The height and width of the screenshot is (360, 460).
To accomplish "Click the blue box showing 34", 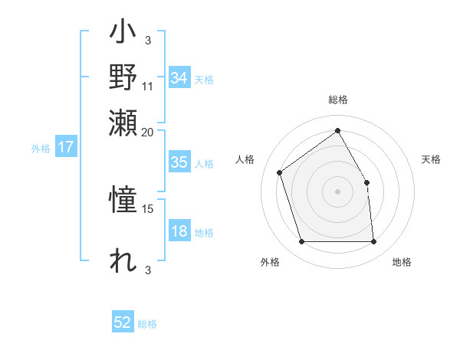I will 179,78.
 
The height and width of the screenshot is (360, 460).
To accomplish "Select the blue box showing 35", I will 179,162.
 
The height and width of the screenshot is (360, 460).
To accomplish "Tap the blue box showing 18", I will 179,232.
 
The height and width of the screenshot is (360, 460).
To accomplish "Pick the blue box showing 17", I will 65,148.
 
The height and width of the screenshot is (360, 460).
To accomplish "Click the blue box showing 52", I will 123,323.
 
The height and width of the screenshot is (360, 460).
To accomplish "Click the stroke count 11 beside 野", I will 148,85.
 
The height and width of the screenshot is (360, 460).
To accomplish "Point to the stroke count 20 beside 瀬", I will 148,131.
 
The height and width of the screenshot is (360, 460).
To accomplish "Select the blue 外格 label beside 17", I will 41,149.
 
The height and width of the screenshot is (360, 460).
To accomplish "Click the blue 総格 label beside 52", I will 147,324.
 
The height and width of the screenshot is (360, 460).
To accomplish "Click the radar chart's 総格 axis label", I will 337,100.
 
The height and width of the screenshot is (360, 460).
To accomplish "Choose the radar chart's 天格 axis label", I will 432,159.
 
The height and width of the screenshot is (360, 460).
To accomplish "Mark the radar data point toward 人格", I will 280,172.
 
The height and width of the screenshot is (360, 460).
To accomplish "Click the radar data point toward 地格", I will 373,242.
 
